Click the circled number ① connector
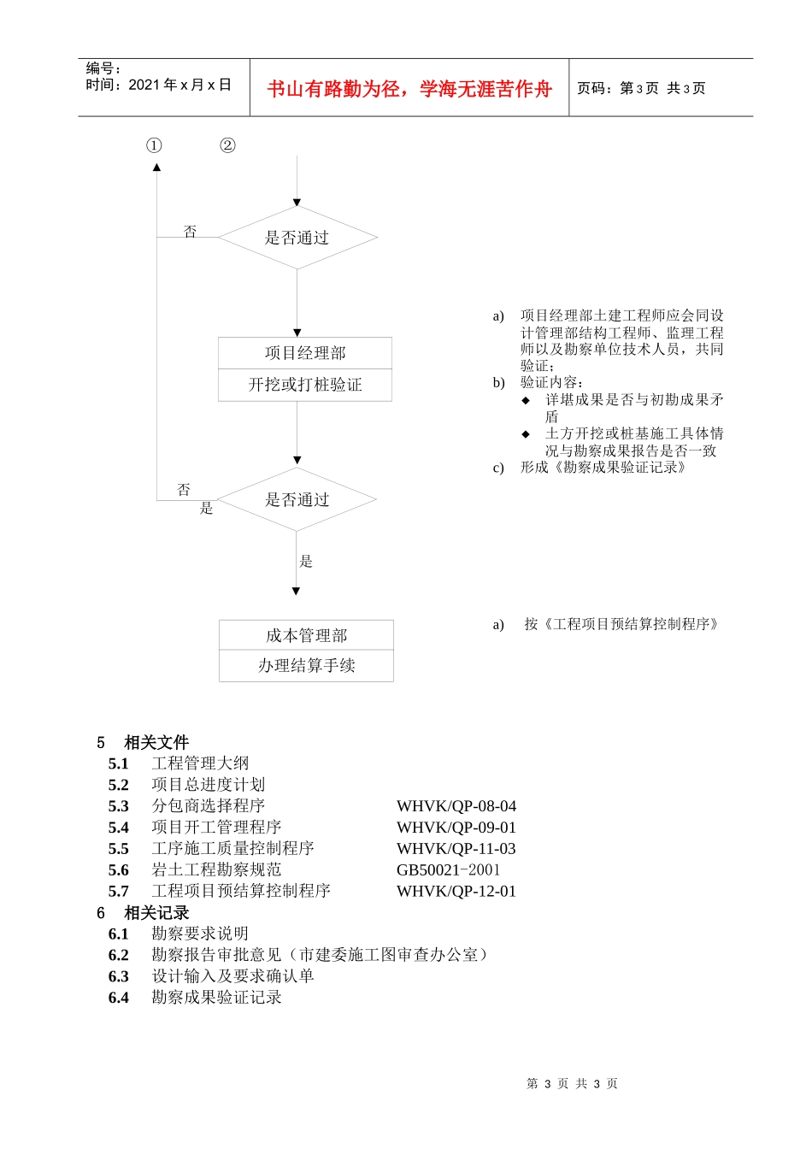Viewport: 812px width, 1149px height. [x=154, y=145]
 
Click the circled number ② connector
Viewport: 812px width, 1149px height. [x=227, y=145]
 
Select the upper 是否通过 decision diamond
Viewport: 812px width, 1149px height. [x=297, y=238]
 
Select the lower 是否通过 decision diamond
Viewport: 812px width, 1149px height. [x=297, y=499]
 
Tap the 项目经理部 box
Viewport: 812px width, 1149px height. [x=305, y=353]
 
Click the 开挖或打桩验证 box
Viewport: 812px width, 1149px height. [x=305, y=385]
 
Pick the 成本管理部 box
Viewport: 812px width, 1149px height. [x=306, y=635]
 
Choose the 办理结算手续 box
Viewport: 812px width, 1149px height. [x=306, y=665]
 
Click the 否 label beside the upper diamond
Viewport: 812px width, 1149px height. [x=190, y=232]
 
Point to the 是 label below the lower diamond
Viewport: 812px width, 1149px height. [x=306, y=561]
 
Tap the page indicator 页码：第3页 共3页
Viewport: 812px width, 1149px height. [x=641, y=88]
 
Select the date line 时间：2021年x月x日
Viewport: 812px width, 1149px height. [x=159, y=85]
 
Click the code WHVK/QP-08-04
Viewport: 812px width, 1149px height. [x=456, y=806]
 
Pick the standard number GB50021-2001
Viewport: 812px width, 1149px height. [x=449, y=870]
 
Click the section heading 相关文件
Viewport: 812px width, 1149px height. [x=156, y=742]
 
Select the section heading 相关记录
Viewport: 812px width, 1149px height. [x=156, y=912]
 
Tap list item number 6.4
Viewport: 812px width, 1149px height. [x=119, y=998]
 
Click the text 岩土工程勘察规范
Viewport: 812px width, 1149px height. [x=216, y=869]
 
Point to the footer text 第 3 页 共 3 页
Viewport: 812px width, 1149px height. [x=572, y=1083]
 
